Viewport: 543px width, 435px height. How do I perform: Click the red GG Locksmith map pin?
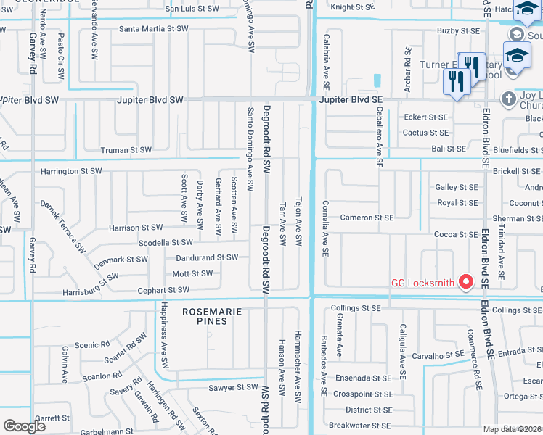[466, 282]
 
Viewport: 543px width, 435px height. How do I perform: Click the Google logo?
[25, 426]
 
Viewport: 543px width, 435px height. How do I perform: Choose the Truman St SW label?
[126, 150]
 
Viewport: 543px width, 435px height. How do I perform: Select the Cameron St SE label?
[367, 217]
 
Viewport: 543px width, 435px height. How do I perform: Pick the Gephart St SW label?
[163, 290]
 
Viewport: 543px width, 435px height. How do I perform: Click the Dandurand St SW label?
[207, 257]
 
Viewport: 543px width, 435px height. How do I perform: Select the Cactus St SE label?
[425, 133]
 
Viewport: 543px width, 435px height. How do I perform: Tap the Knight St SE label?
[351, 7]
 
